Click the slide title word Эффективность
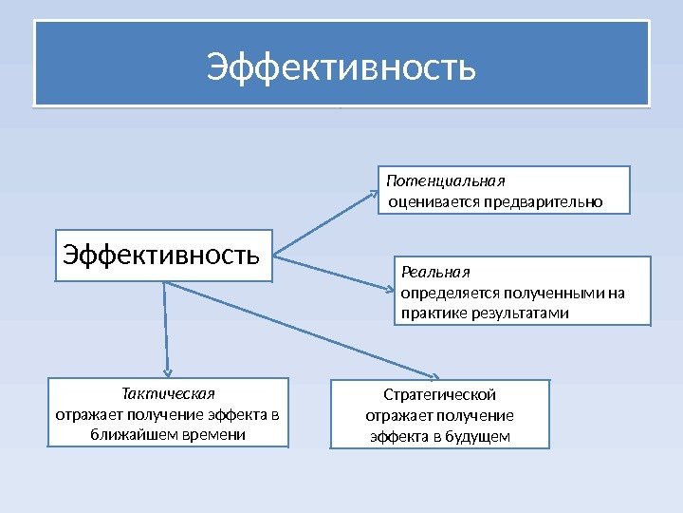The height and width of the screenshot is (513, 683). (341, 68)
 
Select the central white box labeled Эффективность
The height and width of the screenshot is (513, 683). (163, 256)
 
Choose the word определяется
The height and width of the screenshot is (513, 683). (445, 293)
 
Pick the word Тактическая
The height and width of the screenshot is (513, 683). (169, 393)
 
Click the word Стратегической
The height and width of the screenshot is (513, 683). (439, 394)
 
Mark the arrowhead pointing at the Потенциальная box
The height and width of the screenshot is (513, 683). (373, 193)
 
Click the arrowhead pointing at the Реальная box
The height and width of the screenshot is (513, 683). (386, 287)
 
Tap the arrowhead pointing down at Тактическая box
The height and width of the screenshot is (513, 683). (168, 372)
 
